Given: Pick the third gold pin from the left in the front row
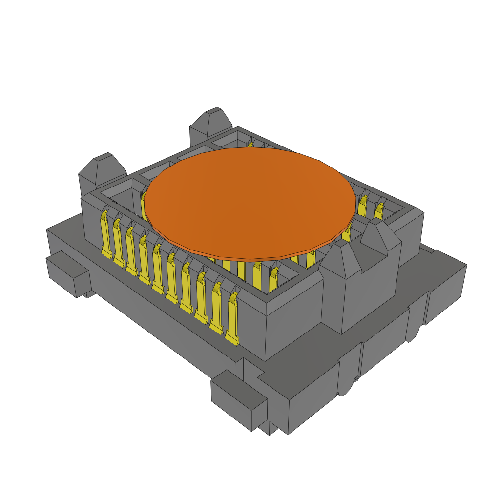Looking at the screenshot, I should tap(131, 249).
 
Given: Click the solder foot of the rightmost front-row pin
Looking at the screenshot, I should tap(232, 339).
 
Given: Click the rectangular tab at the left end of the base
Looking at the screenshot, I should tap(67, 273).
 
